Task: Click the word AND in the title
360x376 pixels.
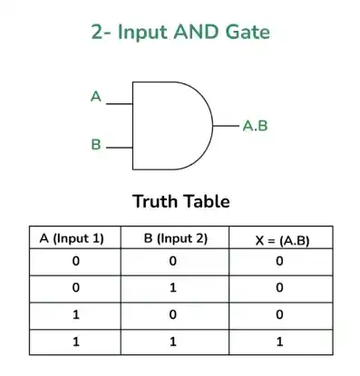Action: [x=196, y=32]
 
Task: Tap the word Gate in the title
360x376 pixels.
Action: [x=248, y=32]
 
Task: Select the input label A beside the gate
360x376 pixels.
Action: [x=96, y=97]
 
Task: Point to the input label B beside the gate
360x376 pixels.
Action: [x=96, y=144]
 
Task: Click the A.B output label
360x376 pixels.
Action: [x=256, y=126]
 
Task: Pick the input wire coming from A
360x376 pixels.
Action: [x=120, y=104]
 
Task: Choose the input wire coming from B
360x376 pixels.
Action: [x=120, y=148]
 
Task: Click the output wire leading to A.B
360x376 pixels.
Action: [x=226, y=125]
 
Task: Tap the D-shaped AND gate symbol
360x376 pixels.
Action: [x=172, y=126]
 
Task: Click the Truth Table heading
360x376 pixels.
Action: [x=181, y=201]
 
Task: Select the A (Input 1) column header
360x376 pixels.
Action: [x=72, y=238]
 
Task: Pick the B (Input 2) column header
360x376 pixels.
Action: [x=176, y=238]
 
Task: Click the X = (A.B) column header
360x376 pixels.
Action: [x=282, y=241]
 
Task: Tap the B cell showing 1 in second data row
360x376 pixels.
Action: [x=173, y=288]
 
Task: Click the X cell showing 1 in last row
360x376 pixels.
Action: [x=279, y=342]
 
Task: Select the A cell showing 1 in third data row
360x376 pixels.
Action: [x=76, y=314]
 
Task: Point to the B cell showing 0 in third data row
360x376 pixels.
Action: [x=173, y=314]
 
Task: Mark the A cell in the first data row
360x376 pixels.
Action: [x=76, y=261]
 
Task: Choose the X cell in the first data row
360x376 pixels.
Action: [x=279, y=261]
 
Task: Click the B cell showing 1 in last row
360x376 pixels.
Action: [x=173, y=342]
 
